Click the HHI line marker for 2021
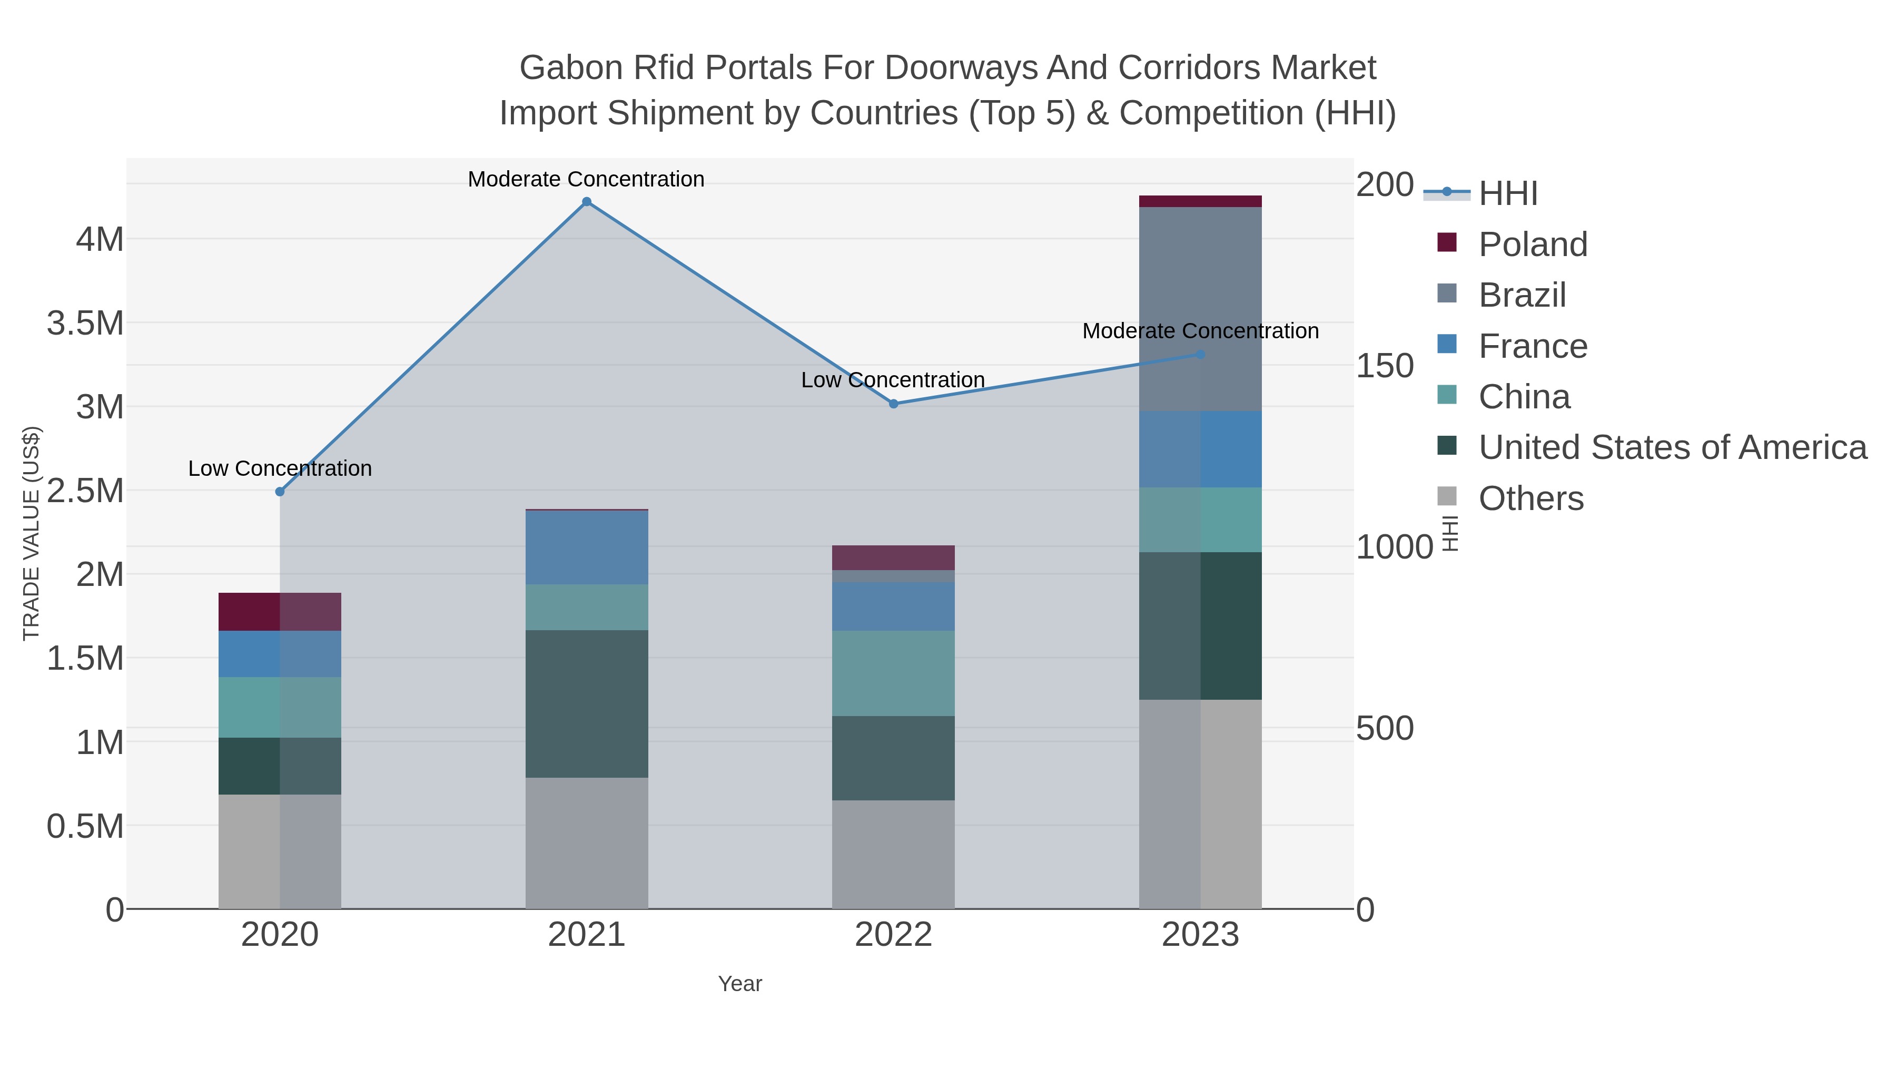point(587,202)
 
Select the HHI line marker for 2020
point(280,492)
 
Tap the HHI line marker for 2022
point(894,404)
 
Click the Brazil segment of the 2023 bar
point(1200,309)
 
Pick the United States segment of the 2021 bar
point(587,703)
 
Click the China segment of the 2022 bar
point(894,673)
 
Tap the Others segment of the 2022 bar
point(894,854)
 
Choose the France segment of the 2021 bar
point(587,547)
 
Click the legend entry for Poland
point(1533,244)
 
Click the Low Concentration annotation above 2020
point(280,468)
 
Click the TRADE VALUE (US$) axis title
point(31,533)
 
